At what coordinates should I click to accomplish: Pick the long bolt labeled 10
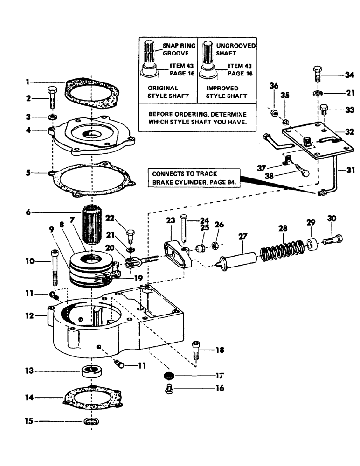tap(54, 268)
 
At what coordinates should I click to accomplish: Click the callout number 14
tap(29, 398)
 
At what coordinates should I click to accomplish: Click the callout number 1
tap(28, 82)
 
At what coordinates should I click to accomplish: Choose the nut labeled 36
tap(275, 113)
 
